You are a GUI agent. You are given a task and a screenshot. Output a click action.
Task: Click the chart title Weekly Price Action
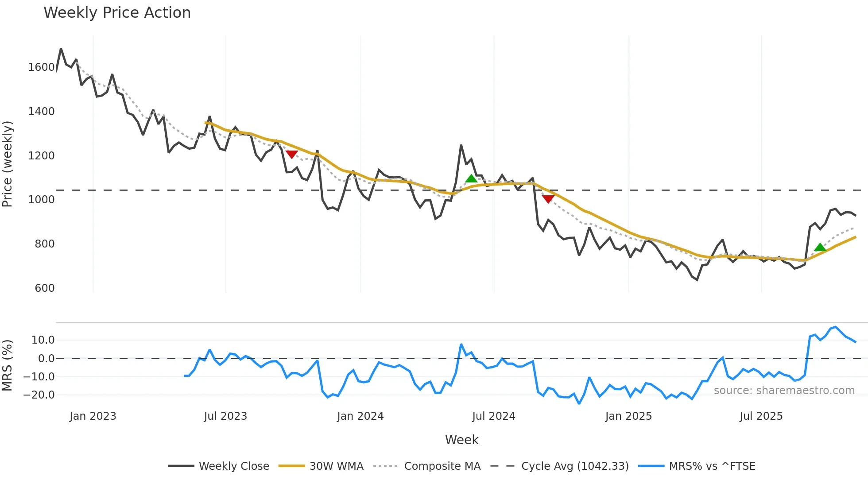[x=117, y=13]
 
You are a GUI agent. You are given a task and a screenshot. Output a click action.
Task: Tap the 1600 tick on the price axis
[x=41, y=67]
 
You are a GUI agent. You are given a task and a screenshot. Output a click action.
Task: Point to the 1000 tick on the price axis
[x=41, y=200]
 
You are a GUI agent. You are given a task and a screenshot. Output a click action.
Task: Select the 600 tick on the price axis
[x=44, y=288]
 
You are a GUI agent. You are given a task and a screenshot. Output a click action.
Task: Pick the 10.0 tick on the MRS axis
[x=43, y=340]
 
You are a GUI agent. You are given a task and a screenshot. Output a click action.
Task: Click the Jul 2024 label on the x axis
[x=494, y=416]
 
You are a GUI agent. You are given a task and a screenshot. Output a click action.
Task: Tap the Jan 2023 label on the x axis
[x=93, y=416]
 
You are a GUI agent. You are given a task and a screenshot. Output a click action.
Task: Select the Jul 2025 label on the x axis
[x=761, y=416]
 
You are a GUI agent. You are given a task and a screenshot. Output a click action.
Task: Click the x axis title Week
[x=461, y=440]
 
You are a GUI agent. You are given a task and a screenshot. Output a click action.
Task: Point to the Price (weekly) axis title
[x=8, y=164]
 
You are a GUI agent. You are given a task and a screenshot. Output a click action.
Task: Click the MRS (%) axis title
[x=8, y=365]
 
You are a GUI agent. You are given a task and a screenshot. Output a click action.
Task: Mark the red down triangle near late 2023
[x=291, y=154]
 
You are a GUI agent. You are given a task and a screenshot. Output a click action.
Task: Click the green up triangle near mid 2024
[x=471, y=178]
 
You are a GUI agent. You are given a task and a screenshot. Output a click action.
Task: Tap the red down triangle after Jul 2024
[x=548, y=199]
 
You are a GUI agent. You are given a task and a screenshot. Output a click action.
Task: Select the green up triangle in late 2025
[x=820, y=247]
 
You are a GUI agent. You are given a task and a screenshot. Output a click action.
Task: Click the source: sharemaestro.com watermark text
[x=784, y=391]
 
